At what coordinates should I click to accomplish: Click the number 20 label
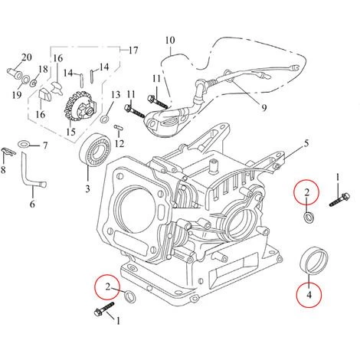tap(26, 57)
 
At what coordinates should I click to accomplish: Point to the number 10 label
tap(170, 39)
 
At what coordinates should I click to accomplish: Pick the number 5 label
tap(306, 142)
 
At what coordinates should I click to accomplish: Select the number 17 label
tap(134, 51)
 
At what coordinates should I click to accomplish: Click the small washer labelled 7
tap(25, 143)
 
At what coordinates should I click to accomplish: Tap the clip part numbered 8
tap(7, 151)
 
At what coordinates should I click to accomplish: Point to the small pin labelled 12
tap(119, 127)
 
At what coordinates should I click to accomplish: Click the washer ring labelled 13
tap(104, 116)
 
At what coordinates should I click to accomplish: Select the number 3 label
tap(87, 186)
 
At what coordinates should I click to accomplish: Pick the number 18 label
tap(43, 69)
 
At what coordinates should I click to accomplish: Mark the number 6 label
tap(32, 205)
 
